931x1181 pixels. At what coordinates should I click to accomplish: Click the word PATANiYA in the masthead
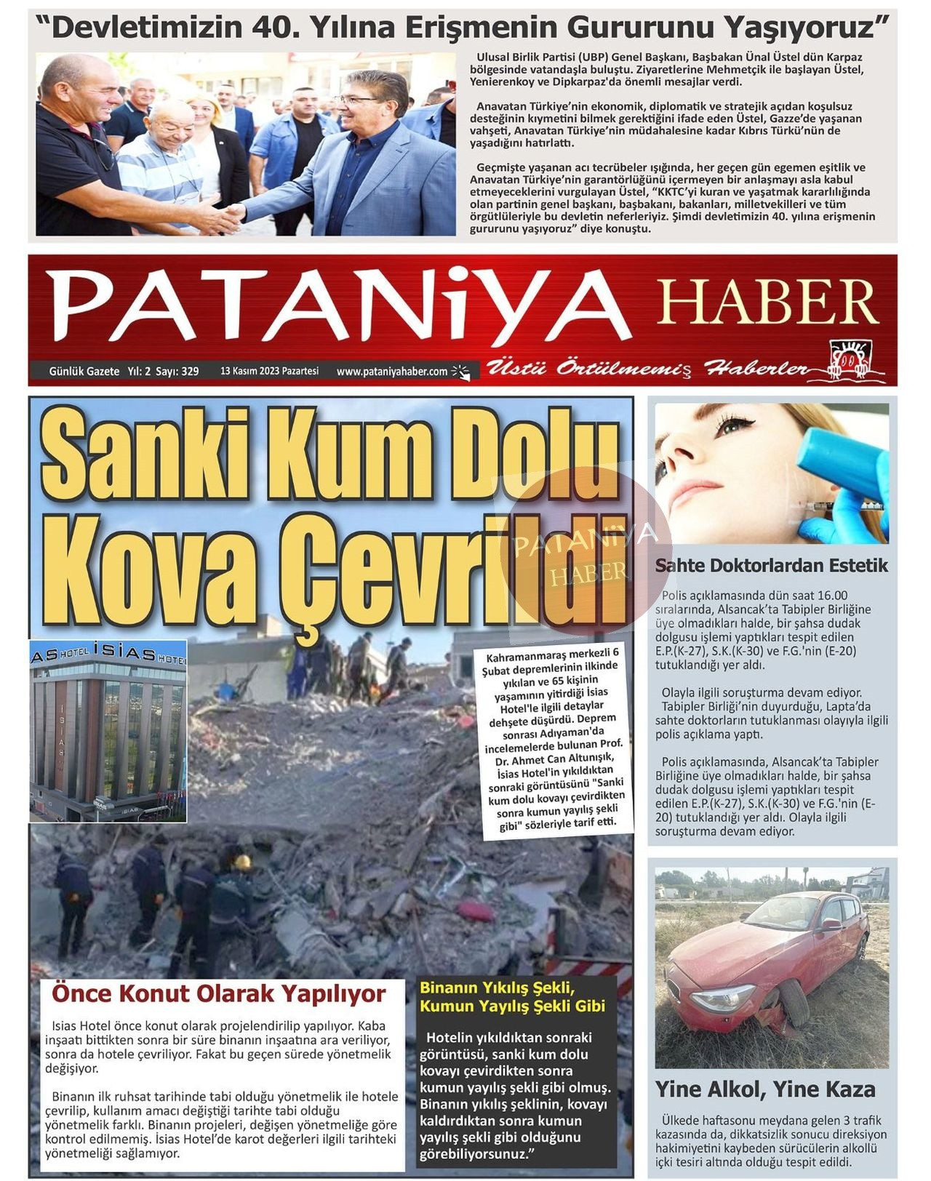pos(338,305)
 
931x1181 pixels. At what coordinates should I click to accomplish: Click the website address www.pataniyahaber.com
pos(392,372)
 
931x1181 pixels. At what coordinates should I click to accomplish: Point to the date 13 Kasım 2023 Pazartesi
pos(269,371)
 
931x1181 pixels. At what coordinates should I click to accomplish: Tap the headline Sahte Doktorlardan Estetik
pos(771,565)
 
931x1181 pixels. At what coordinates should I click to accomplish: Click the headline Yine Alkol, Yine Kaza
pos(765,1089)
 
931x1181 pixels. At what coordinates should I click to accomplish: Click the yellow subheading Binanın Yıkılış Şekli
pos(498,988)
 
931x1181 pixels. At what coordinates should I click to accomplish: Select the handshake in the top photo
pos(226,215)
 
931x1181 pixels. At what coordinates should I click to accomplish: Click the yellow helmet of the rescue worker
pos(242,862)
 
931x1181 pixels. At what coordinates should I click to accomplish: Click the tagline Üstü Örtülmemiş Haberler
pos(647,369)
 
